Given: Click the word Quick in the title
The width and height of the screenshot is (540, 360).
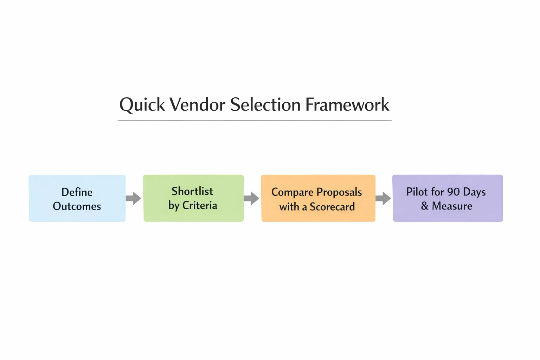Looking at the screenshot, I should (x=142, y=105).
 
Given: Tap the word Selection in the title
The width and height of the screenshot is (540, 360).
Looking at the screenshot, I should (x=265, y=104).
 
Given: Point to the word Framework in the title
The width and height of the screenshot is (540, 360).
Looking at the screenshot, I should (x=347, y=104).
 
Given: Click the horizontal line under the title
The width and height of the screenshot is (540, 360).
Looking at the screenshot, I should (x=255, y=120).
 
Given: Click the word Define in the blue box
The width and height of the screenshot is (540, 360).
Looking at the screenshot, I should (x=77, y=192).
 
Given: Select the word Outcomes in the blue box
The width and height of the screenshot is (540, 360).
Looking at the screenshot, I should (x=77, y=206).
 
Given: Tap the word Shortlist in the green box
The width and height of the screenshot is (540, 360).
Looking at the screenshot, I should (x=192, y=191).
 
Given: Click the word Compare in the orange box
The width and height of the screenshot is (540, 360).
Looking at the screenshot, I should (x=292, y=192).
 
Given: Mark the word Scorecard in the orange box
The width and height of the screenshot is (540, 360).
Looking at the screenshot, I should (x=332, y=207).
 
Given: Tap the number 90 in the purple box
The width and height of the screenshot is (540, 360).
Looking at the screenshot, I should (x=453, y=192).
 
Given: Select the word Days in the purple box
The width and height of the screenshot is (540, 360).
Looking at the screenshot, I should (x=474, y=192).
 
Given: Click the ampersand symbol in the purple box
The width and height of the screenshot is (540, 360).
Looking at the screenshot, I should (x=425, y=206).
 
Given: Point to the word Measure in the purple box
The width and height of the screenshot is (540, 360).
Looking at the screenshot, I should (x=452, y=206).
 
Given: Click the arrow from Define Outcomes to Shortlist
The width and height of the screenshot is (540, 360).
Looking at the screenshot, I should (x=134, y=198).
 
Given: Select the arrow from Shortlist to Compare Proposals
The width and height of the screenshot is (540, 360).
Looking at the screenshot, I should (x=252, y=198).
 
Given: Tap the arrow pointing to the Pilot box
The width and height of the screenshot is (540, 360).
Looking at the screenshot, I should (x=384, y=198).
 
